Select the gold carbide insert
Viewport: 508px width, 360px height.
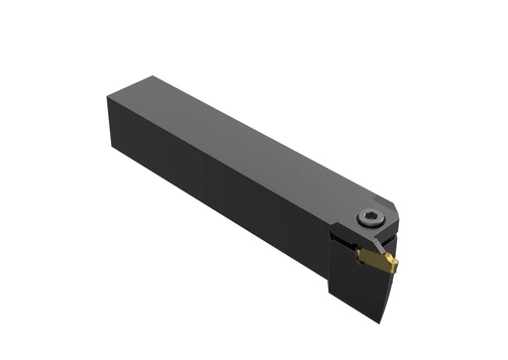coord(376,259)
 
